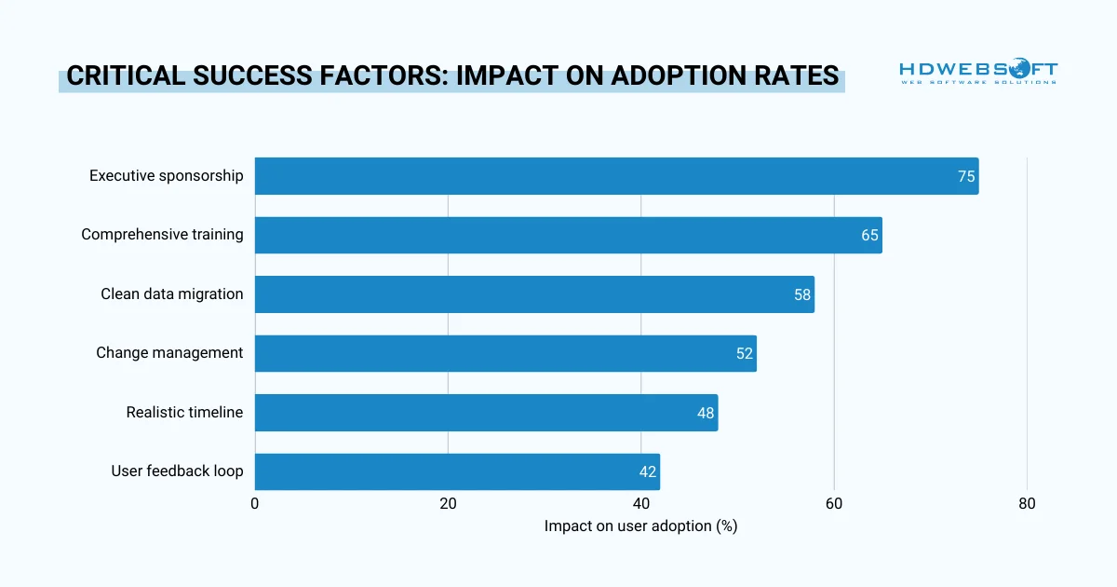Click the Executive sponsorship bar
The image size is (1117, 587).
616,176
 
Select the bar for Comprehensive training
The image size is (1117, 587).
568,235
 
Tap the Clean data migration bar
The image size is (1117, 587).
534,294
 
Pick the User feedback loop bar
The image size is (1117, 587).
457,471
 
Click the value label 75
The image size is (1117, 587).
966,176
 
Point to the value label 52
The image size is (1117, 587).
745,354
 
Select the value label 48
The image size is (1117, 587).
706,413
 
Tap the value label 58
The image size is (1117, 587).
802,294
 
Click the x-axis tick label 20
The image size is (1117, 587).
448,504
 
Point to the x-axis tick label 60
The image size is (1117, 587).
834,504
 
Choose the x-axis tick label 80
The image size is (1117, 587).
1027,504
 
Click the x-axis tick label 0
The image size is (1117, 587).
255,504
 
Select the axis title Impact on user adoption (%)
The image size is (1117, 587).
640,526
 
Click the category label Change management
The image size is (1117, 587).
169,353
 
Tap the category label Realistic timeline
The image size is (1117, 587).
184,412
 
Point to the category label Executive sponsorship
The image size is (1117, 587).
166,175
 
